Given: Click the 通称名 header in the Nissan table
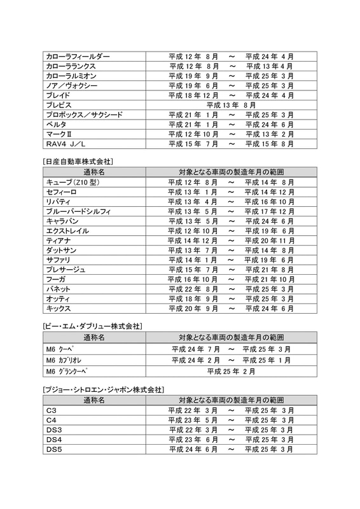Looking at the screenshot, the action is click(93, 172).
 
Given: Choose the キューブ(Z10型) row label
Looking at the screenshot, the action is click(74, 183).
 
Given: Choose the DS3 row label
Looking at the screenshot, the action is click(54, 429).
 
